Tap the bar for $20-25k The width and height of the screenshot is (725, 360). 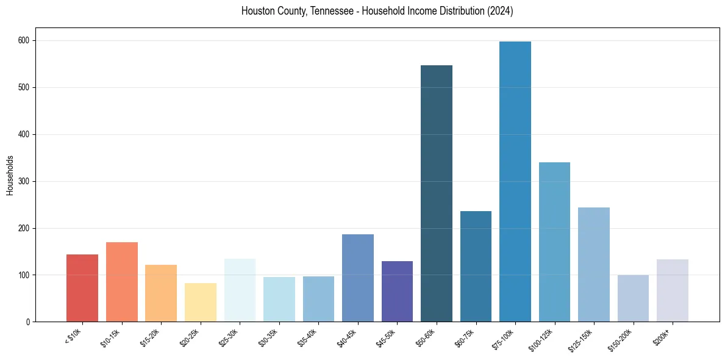tap(201, 302)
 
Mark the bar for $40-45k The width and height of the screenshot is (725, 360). tap(358, 278)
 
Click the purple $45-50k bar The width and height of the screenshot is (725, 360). tap(397, 291)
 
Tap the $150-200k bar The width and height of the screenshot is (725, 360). tap(633, 298)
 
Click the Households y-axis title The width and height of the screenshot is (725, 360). tap(10, 175)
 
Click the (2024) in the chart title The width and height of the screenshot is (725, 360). tap(499, 12)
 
